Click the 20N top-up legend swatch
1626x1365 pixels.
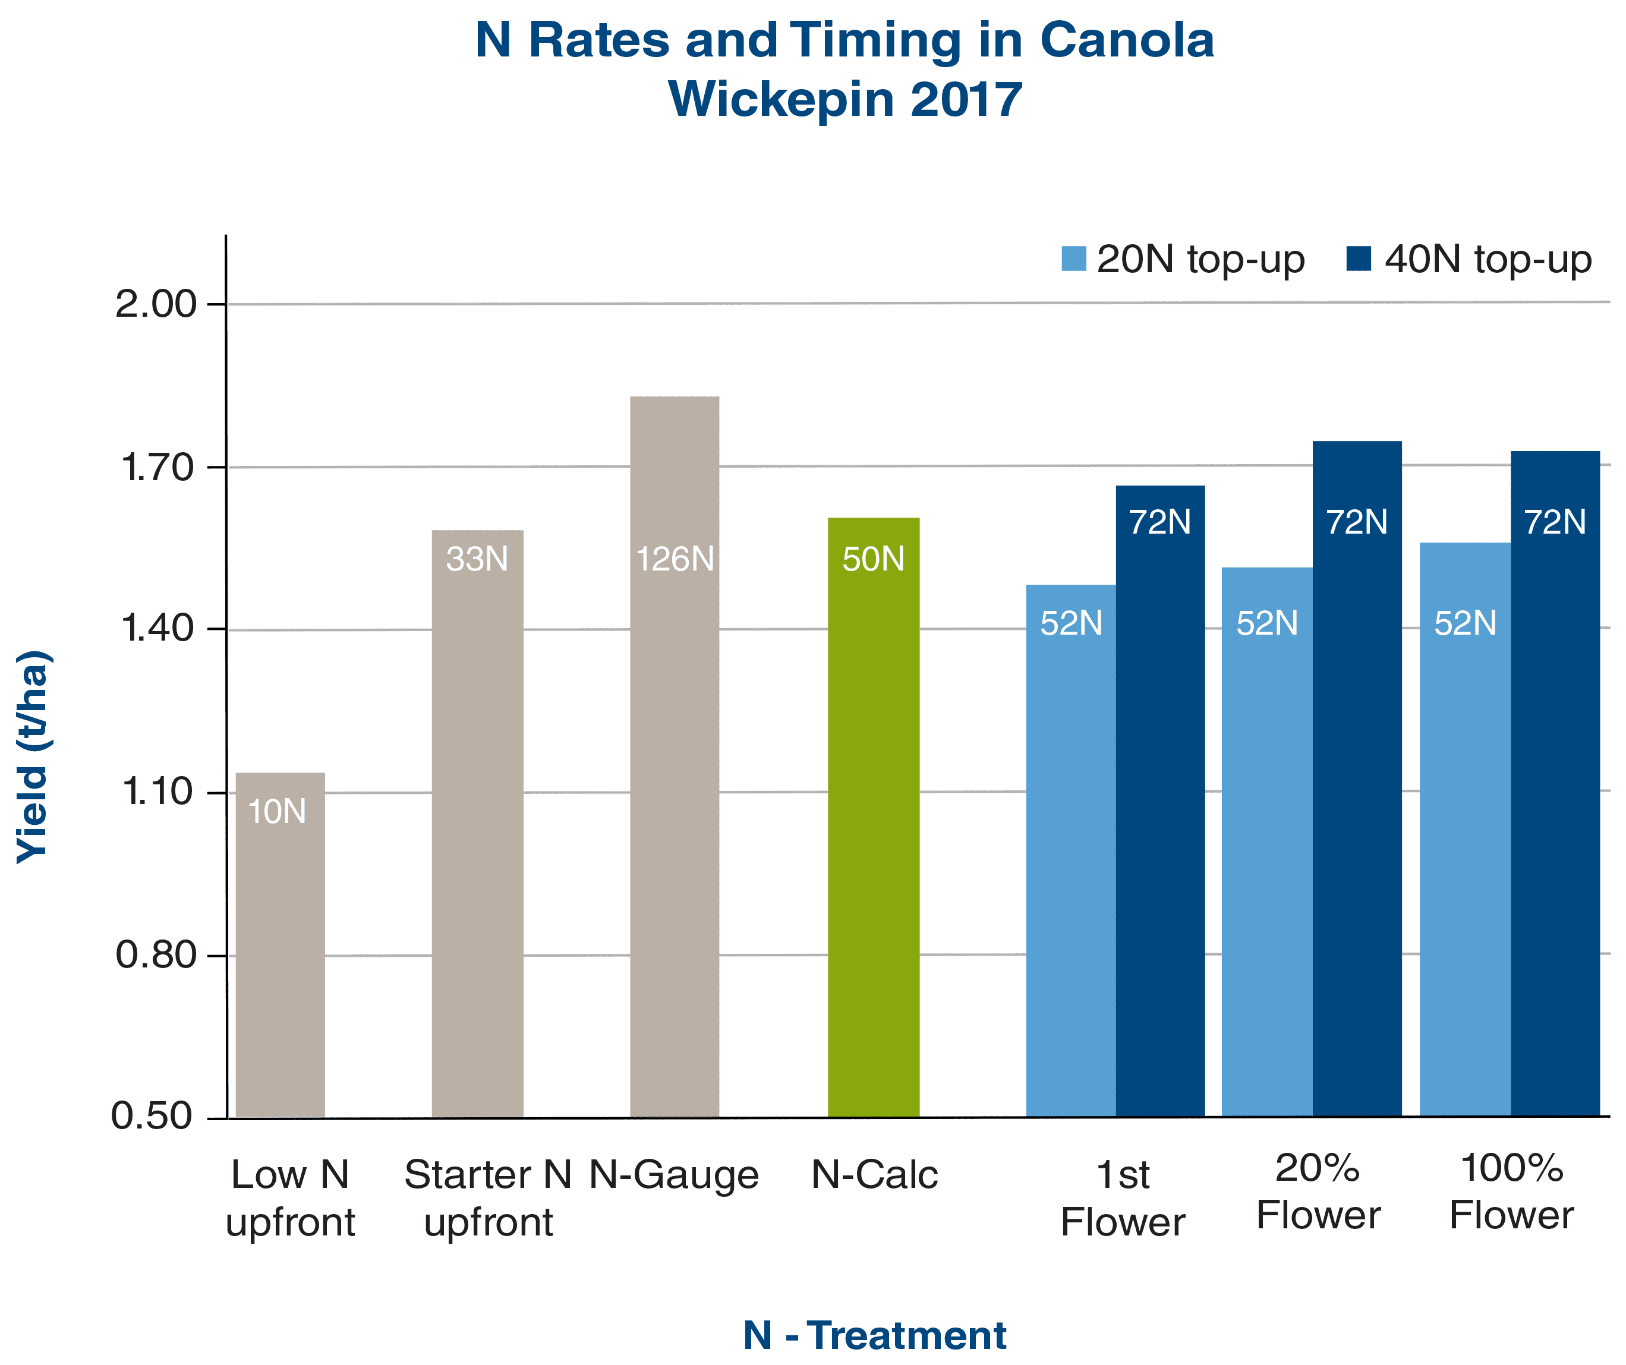tap(1073, 259)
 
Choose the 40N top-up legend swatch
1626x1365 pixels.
tap(1359, 259)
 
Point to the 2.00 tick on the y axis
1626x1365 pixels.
tap(156, 304)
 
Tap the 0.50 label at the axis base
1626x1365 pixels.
tap(152, 1115)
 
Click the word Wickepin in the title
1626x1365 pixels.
tap(780, 99)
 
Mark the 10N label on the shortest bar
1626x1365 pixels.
tap(276, 811)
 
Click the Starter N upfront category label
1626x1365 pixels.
tap(488, 1199)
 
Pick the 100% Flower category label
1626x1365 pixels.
tap(1511, 1192)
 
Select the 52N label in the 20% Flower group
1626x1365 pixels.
tap(1266, 623)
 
